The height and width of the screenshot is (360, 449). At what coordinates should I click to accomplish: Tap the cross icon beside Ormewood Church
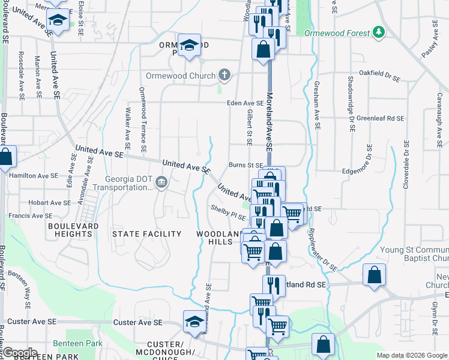click(x=224, y=76)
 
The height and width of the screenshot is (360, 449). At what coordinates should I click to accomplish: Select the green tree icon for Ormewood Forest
click(x=378, y=31)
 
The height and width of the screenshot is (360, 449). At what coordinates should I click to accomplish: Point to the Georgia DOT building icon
click(x=161, y=182)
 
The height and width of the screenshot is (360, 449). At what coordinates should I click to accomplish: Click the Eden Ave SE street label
click(x=245, y=103)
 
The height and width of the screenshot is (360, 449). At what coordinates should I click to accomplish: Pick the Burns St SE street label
click(x=246, y=165)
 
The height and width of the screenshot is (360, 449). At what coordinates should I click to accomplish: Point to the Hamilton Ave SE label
click(x=34, y=176)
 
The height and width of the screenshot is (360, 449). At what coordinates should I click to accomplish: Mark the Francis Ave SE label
click(x=30, y=215)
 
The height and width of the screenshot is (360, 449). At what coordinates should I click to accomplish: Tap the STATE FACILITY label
click(x=147, y=234)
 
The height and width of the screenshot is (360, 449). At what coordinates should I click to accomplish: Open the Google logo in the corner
click(x=20, y=353)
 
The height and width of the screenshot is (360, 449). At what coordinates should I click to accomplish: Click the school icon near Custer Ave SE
click(x=194, y=322)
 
